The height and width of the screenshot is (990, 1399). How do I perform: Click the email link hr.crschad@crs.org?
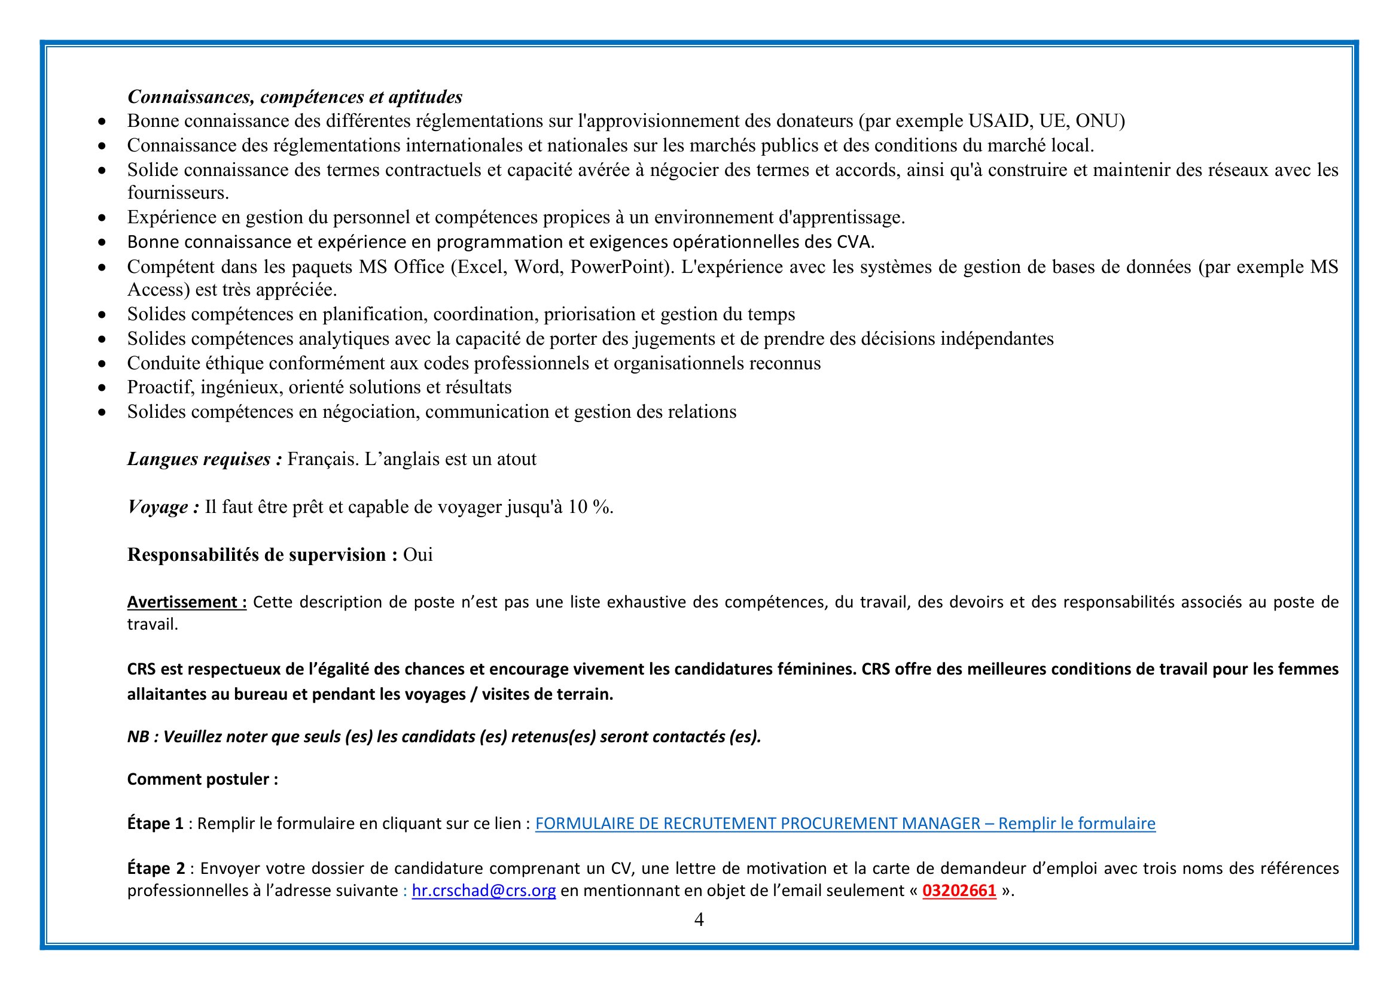tap(483, 891)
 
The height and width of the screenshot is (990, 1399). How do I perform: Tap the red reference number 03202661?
tap(959, 891)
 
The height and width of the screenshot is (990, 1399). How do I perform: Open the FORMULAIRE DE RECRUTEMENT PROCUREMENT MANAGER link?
tap(845, 824)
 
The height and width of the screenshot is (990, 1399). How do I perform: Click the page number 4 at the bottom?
tap(699, 919)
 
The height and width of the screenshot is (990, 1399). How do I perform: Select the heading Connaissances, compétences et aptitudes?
tap(294, 97)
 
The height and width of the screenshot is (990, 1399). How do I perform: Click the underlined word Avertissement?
tap(186, 602)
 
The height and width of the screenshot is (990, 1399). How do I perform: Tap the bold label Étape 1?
tap(155, 824)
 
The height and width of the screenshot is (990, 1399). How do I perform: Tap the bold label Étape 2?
tap(156, 868)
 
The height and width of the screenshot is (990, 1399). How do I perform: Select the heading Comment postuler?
tap(202, 779)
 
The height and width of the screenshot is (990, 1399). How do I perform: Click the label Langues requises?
tap(204, 459)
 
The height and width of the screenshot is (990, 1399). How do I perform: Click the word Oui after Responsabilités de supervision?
tap(418, 555)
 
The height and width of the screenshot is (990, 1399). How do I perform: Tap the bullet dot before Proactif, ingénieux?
tap(102, 388)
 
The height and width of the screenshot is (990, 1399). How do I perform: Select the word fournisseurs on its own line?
tap(177, 193)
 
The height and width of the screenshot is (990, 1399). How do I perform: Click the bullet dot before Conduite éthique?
tap(102, 364)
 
